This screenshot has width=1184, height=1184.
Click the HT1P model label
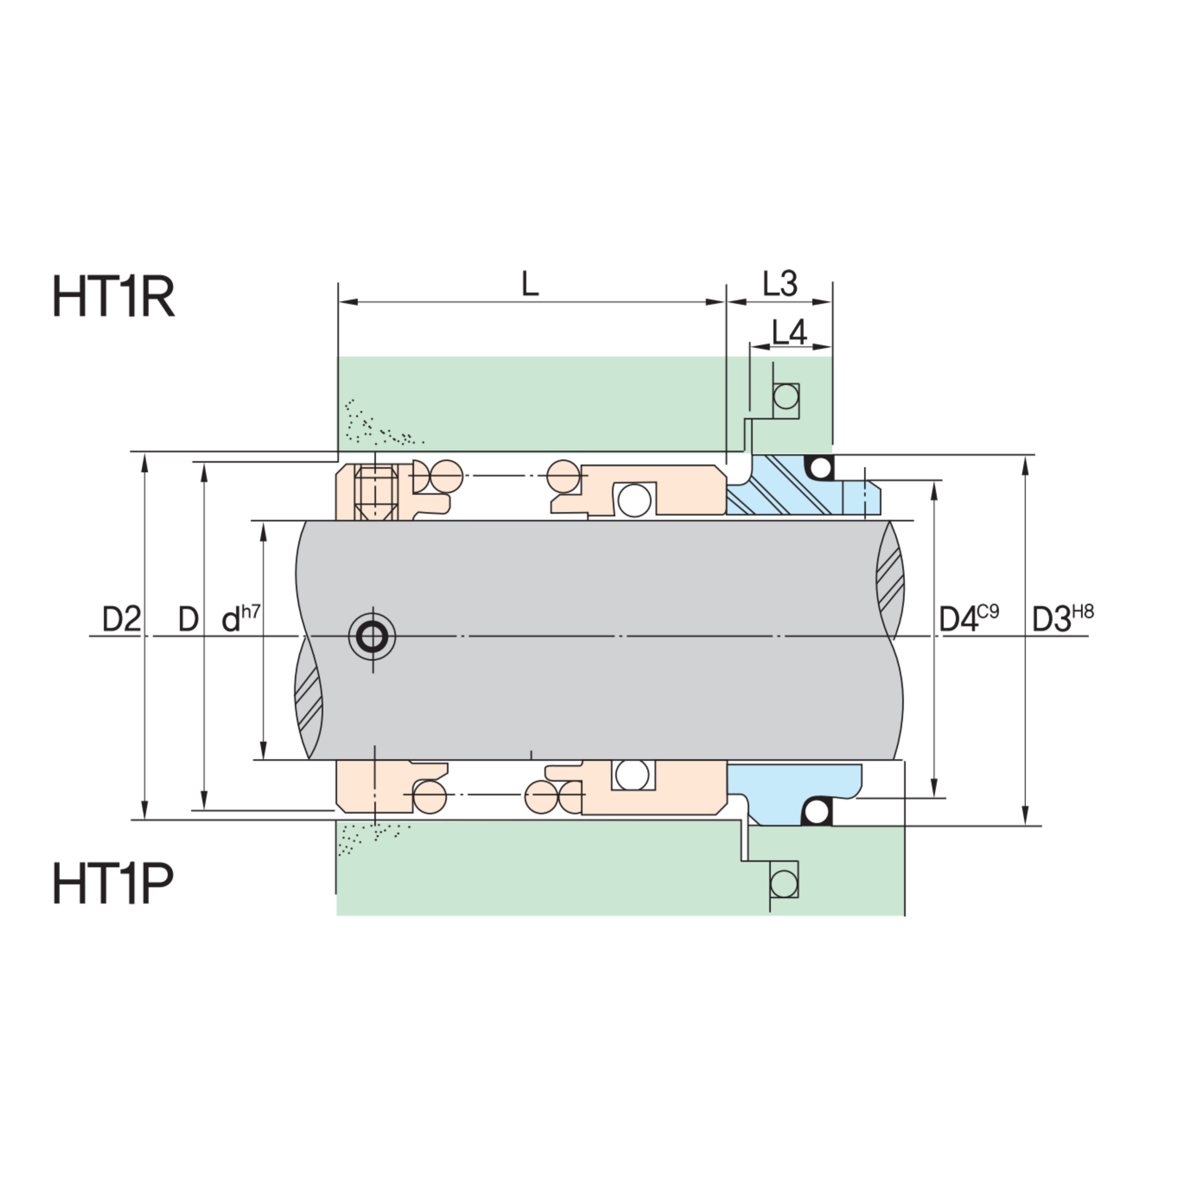[x=113, y=883]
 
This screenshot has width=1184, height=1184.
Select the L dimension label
[x=530, y=284]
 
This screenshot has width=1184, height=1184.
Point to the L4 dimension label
[x=789, y=332]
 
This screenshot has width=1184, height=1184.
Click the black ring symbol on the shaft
[x=372, y=636]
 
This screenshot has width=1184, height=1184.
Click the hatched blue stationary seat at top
[x=778, y=487]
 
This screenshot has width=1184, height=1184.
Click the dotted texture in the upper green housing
[x=374, y=426]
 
